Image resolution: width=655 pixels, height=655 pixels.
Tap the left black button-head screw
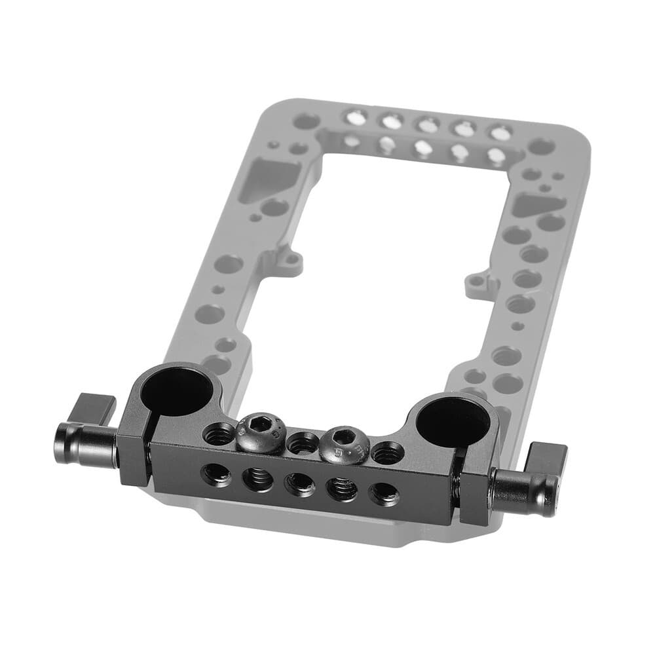[x=260, y=432]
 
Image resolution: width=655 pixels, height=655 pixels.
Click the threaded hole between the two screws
[x=303, y=443]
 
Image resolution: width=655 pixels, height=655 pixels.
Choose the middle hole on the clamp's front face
[x=300, y=484]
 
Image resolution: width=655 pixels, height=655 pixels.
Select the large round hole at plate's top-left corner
[x=306, y=121]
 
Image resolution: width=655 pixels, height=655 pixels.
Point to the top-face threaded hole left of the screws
[x=219, y=433]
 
